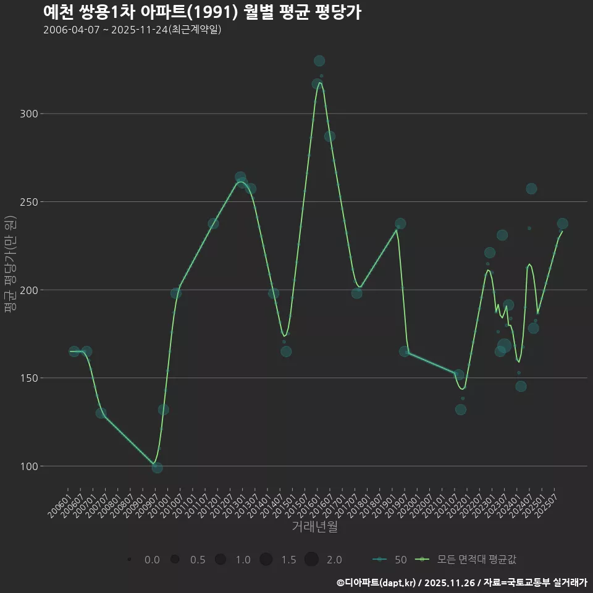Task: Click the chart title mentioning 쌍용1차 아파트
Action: pyautogui.click(x=202, y=12)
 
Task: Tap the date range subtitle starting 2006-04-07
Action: pyautogui.click(x=132, y=30)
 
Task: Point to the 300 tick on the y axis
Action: pyautogui.click(x=30, y=114)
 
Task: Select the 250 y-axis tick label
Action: pyautogui.click(x=30, y=202)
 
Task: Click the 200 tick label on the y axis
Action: pyautogui.click(x=30, y=290)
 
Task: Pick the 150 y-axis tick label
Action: pyautogui.click(x=30, y=378)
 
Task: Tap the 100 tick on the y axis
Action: pyautogui.click(x=30, y=466)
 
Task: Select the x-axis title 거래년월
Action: pyautogui.click(x=314, y=527)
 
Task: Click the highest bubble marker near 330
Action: pyautogui.click(x=319, y=61)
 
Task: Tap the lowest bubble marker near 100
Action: pyautogui.click(x=158, y=468)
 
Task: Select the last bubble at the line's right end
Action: pyautogui.click(x=562, y=224)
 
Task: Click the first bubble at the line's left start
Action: pyautogui.click(x=74, y=351)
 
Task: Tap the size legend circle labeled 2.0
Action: pyautogui.click(x=311, y=559)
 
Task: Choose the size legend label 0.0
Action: pyautogui.click(x=152, y=560)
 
